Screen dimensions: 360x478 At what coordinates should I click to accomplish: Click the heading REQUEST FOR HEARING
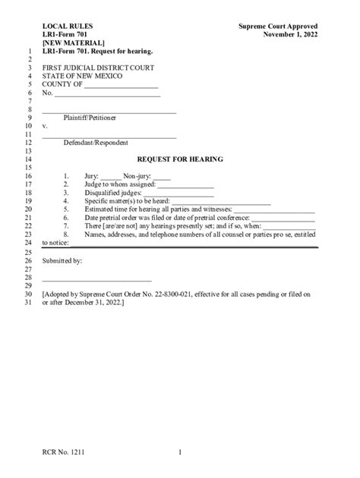tap(179, 159)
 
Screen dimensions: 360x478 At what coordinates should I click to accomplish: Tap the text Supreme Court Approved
tap(278, 27)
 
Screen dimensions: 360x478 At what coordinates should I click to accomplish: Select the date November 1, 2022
tap(291, 35)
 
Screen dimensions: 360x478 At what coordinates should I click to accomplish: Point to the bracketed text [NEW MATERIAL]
tap(74, 43)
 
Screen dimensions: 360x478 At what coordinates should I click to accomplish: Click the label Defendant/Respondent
tap(96, 143)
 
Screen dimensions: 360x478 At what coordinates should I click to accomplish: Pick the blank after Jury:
tap(111, 176)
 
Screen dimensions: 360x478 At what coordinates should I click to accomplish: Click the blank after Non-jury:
tap(162, 176)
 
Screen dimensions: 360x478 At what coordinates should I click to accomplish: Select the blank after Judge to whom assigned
tap(185, 184)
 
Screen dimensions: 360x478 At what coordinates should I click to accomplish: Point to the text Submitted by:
tap(62, 259)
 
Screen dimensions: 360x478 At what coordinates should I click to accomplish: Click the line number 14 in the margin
tap(27, 159)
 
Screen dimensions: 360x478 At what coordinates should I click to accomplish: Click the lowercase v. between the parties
tap(45, 127)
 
